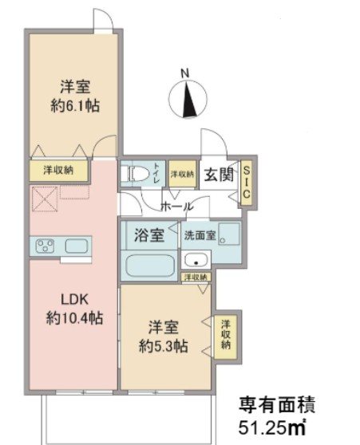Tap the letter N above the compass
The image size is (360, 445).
pos(185,74)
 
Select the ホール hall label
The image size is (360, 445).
pos(176,206)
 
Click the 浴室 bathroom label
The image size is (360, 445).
pos(148,235)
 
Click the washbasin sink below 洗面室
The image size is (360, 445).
pos(195,260)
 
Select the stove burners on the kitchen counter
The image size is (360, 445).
pos(45,246)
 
